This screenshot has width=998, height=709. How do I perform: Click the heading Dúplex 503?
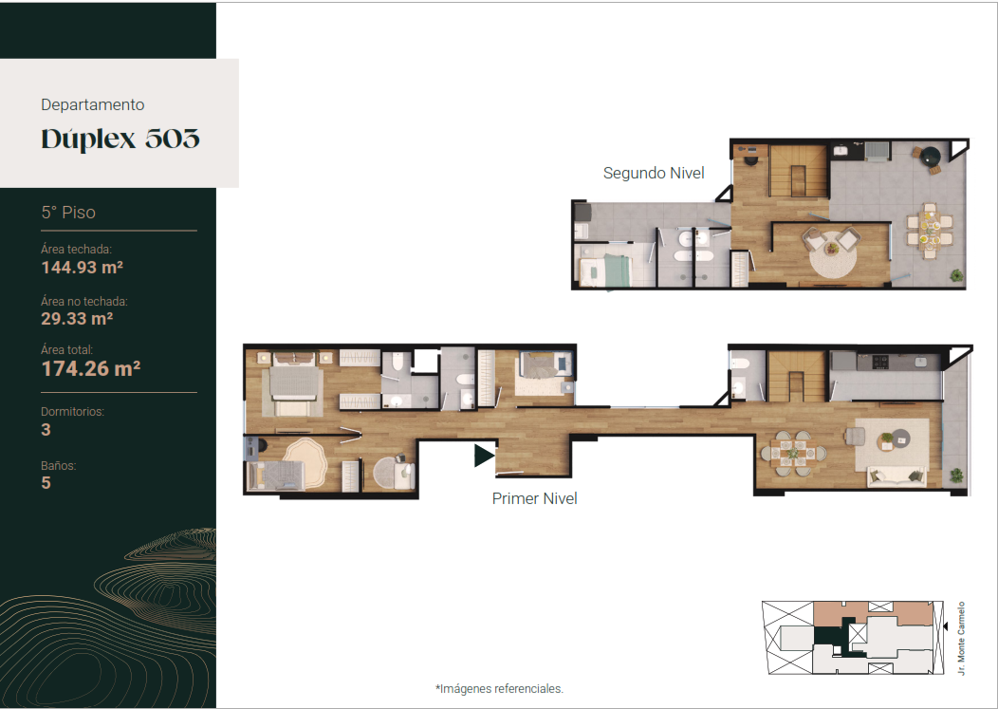click(120, 139)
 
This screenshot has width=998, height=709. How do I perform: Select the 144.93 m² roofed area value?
click(83, 268)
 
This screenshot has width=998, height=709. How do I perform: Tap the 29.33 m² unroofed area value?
click(77, 319)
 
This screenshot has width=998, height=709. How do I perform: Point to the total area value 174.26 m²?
click(91, 368)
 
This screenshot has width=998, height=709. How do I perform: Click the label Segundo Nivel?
click(654, 174)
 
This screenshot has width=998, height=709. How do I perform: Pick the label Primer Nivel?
click(535, 498)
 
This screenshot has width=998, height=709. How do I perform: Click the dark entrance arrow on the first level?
click(484, 456)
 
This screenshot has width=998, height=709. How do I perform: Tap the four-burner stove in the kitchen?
click(880, 362)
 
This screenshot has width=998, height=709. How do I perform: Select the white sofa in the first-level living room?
click(897, 476)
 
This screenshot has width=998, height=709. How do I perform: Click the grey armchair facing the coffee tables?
click(854, 436)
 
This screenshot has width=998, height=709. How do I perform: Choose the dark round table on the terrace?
click(932, 156)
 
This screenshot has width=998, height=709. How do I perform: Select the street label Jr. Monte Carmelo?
click(961, 638)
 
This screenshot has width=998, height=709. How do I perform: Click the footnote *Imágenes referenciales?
click(499, 689)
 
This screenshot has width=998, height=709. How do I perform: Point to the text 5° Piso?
click(68, 212)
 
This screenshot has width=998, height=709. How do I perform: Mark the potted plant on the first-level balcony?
click(956, 476)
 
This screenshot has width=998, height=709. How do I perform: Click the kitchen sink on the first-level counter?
click(920, 362)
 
